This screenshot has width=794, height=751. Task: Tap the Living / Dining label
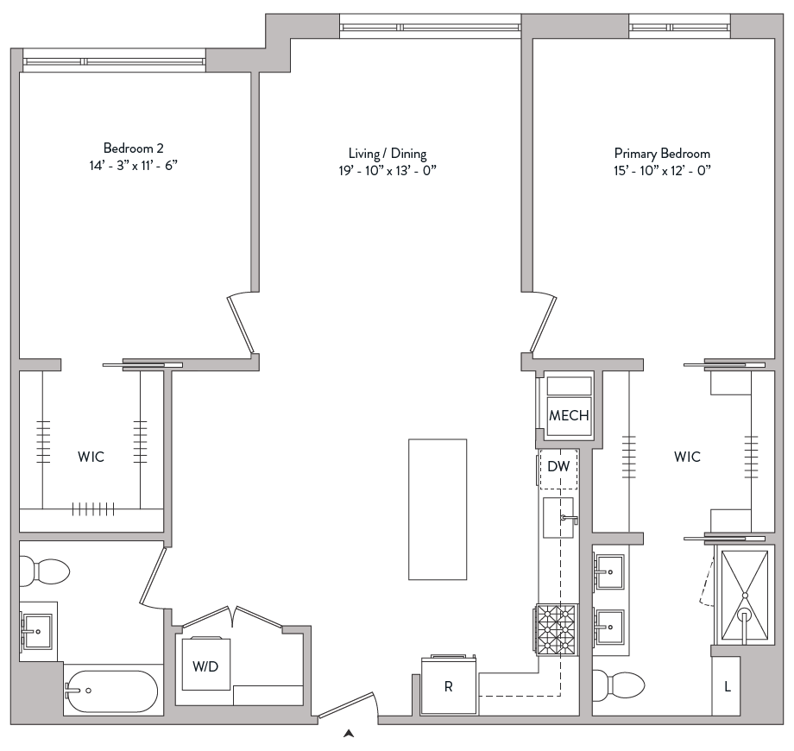click(381, 154)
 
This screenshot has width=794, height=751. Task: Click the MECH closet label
click(569, 415)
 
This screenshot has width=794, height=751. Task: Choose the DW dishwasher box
click(558, 467)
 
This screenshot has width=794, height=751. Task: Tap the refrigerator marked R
click(449, 686)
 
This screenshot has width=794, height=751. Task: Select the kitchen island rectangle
click(438, 509)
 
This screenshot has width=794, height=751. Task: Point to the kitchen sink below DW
click(558, 518)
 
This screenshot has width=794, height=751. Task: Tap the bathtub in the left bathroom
click(110, 691)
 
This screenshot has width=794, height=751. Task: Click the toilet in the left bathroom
click(45, 571)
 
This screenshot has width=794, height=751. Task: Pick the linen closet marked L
click(728, 686)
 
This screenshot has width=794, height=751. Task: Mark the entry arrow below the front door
click(349, 734)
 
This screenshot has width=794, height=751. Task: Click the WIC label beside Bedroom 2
click(91, 457)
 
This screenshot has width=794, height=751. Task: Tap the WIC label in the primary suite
click(687, 457)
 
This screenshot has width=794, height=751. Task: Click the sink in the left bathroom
click(37, 628)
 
